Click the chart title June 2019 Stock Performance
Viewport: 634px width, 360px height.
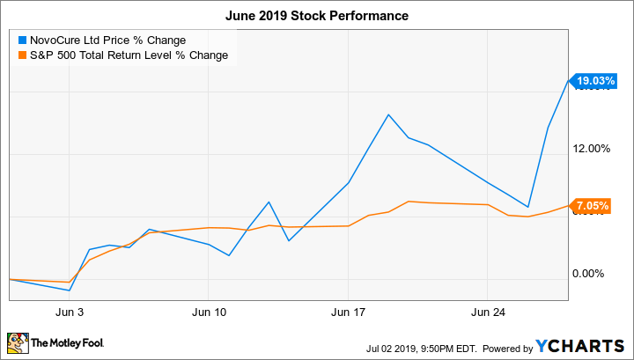[x=317, y=17]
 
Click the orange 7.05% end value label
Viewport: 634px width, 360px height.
[x=592, y=206]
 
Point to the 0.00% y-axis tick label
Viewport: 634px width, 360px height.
[x=592, y=273]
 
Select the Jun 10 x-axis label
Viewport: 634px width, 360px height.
[x=209, y=312]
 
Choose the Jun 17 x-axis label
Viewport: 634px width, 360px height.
[x=349, y=312]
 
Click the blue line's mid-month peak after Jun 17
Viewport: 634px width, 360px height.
[x=388, y=114]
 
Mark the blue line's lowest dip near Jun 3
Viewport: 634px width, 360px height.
[x=70, y=290]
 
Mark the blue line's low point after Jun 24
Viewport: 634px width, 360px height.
[x=528, y=207]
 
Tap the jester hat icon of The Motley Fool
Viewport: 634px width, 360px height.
[x=18, y=342]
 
